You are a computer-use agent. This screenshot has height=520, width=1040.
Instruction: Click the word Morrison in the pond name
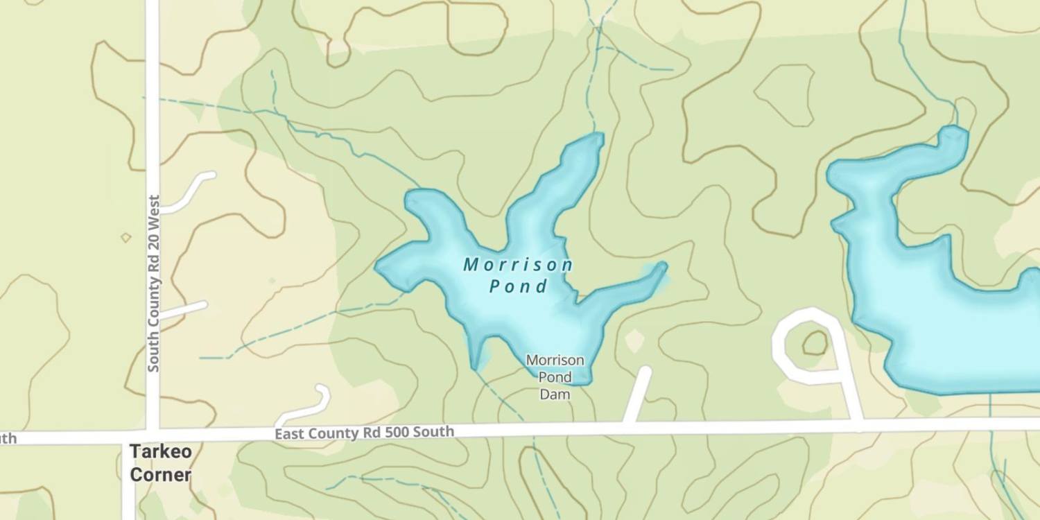pyautogui.click(x=518, y=265)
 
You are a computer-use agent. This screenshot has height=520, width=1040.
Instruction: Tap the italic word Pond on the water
pyautogui.click(x=519, y=286)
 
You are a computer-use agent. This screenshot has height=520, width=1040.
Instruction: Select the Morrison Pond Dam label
pyautogui.click(x=555, y=377)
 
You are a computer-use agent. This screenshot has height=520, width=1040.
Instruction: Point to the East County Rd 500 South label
pyautogui.click(x=364, y=433)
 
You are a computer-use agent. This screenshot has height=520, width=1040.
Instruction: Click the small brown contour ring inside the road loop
pyautogui.click(x=815, y=343)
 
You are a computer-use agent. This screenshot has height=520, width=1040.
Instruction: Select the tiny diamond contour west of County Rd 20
pyautogui.click(x=125, y=238)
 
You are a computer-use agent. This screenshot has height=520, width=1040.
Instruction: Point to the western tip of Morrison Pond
pyautogui.click(x=379, y=266)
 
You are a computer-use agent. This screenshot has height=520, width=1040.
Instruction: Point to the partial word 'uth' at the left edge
pyautogui.click(x=8, y=438)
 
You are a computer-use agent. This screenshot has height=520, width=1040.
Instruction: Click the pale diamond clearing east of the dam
pyautogui.click(x=634, y=340)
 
